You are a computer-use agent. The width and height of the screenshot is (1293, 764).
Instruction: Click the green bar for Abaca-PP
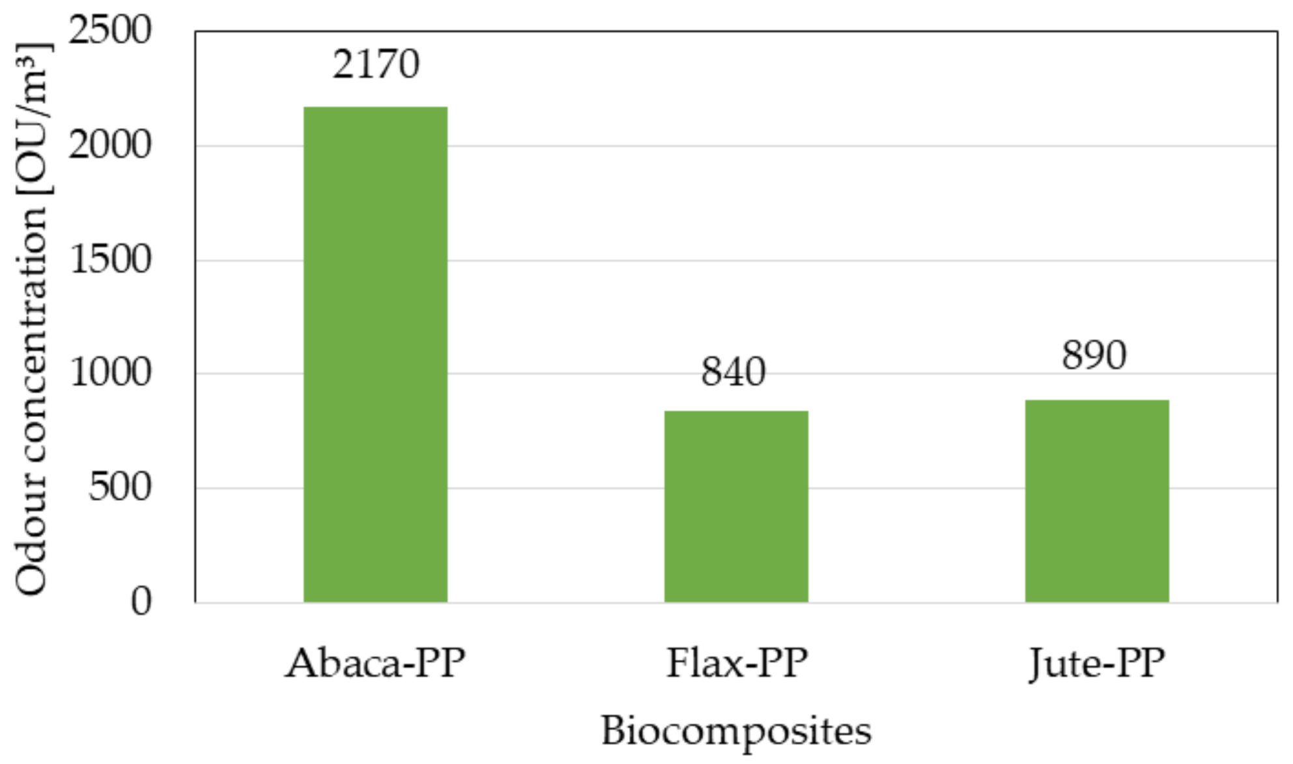375,354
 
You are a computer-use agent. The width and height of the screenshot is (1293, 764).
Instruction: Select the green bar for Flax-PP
736,506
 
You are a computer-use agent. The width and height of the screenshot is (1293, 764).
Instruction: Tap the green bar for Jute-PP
1097,501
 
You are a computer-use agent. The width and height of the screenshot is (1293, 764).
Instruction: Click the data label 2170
376,64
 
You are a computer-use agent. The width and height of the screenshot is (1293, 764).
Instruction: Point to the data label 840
733,372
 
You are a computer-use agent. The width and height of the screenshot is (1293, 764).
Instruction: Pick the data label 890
1094,356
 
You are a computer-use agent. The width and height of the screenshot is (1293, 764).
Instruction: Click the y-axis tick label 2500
110,30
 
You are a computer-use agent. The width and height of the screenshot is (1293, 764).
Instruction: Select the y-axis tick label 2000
110,145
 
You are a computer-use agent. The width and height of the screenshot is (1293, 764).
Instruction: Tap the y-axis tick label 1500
110,259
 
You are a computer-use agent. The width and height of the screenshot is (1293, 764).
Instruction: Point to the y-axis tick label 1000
110,373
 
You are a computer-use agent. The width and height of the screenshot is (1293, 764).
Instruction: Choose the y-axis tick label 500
120,487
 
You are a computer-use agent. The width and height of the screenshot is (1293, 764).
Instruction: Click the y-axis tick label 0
141,602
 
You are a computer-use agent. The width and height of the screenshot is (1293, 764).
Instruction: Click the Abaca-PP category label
376,664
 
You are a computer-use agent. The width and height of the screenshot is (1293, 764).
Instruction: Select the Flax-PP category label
737,664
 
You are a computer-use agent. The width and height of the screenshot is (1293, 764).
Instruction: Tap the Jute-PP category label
1097,664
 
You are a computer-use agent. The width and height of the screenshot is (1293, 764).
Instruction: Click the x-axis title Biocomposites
736,731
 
